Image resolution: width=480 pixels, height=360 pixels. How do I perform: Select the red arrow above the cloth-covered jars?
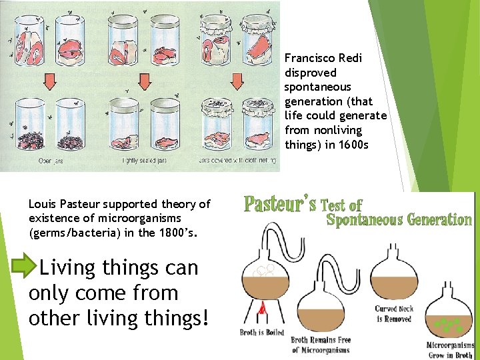237,81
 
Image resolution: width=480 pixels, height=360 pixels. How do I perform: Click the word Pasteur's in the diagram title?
280,203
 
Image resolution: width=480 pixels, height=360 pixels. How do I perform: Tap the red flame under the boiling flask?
262,308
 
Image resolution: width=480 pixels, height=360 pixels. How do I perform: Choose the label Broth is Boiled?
262,332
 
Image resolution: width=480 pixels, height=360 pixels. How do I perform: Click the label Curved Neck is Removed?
395,313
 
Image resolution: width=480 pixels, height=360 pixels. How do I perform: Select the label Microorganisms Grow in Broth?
451,350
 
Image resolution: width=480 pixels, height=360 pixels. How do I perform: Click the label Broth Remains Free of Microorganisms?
321,345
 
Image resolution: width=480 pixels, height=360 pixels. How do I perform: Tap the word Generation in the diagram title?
431,219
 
